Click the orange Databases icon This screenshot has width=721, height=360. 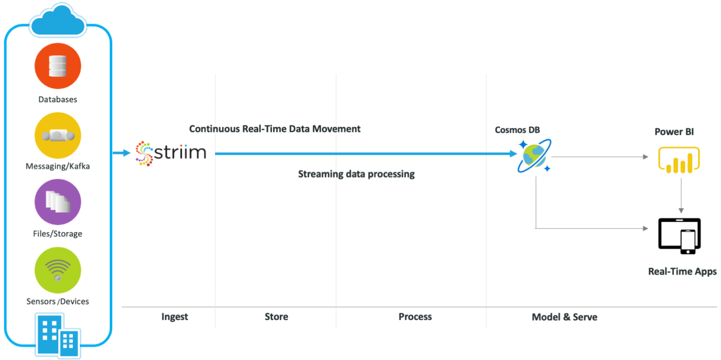pos(58,66)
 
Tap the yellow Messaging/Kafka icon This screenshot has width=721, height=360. pos(58,136)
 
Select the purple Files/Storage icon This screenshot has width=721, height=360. pos(58,202)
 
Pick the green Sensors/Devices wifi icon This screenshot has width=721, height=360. pos(58,270)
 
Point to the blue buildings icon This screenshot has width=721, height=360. pos(58,336)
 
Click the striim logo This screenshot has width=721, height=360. pos(170,153)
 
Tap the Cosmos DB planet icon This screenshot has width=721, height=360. pos(534,156)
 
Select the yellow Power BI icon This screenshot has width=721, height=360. pos(679,160)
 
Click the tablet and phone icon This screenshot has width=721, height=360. pos(680,236)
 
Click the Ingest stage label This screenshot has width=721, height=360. pos(175,317)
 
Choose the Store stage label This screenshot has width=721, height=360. pos(276,317)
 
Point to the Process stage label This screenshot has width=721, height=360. pos(415,317)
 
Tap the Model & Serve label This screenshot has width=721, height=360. pos(564,317)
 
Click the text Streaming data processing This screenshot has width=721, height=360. pos(356,174)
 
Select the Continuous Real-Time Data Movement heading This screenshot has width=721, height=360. pos(275,129)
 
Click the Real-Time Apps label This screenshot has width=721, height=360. pos(682,272)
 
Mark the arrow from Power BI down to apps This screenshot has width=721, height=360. pos(681,196)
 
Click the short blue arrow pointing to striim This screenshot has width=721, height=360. pos(122,153)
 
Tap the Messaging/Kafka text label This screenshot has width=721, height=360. pos(58,166)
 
